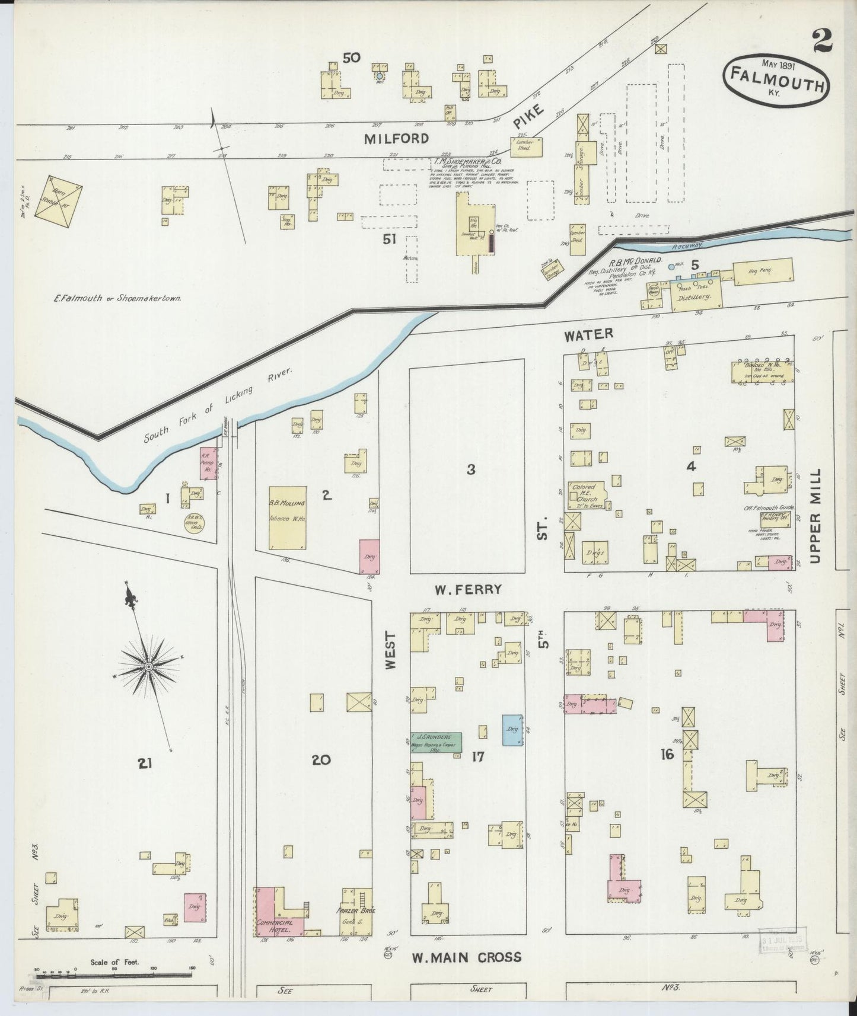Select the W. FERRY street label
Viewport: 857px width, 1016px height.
(x=468, y=590)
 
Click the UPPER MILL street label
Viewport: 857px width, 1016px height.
(x=815, y=516)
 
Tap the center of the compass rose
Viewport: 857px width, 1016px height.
(x=147, y=668)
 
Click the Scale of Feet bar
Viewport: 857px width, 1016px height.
(x=113, y=975)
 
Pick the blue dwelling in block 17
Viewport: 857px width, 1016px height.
(x=512, y=730)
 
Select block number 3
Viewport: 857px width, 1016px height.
(x=470, y=469)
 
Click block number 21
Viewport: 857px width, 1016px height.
(x=145, y=763)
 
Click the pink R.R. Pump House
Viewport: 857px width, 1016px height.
(x=208, y=464)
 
